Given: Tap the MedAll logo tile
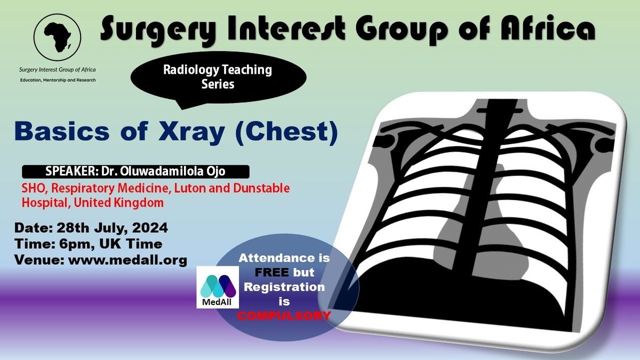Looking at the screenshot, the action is (218, 287).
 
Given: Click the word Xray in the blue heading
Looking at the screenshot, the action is (191, 131).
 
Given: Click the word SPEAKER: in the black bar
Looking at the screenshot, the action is (72, 171).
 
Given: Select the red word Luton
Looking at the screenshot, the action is (190, 188).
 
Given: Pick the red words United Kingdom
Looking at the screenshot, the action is (118, 203).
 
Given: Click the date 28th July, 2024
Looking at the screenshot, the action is (113, 228).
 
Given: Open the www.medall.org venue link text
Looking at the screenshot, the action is (127, 260).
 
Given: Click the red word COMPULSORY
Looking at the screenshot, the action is (284, 316).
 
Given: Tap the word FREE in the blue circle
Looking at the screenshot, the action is (271, 273).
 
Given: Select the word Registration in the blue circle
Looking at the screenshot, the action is (284, 287).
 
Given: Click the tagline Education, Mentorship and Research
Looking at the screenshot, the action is (58, 80).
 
